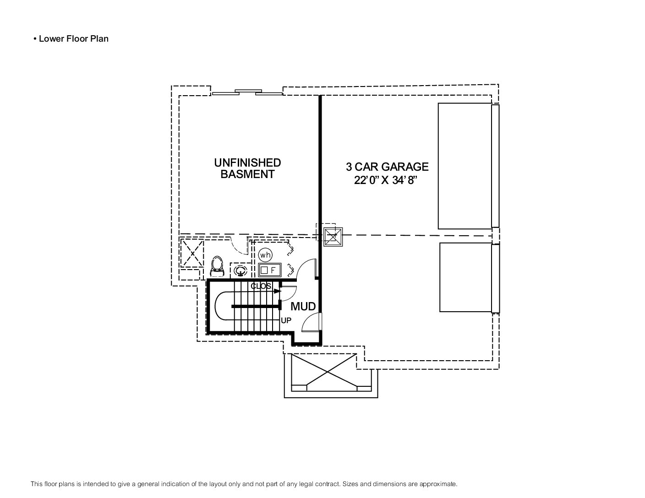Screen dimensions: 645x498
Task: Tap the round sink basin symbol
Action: (x=241, y=271)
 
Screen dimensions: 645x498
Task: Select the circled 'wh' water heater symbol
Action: (x=265, y=255)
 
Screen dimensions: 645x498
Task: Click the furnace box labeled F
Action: (x=269, y=270)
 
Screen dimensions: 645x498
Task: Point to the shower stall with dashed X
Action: (x=192, y=253)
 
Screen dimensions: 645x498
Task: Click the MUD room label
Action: (x=303, y=306)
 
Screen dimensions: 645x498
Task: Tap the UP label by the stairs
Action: (x=286, y=320)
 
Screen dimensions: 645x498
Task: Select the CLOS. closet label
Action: (x=261, y=286)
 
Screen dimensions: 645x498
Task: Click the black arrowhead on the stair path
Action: (x=277, y=291)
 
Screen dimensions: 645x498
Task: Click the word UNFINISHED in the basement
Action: (x=247, y=162)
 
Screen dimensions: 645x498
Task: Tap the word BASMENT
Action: (x=247, y=174)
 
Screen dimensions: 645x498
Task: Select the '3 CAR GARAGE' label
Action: (x=387, y=167)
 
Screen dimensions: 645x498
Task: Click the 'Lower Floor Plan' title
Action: (x=73, y=39)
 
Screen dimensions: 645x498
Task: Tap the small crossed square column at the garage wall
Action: (x=333, y=237)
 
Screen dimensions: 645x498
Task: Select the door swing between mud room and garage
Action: (x=310, y=323)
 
